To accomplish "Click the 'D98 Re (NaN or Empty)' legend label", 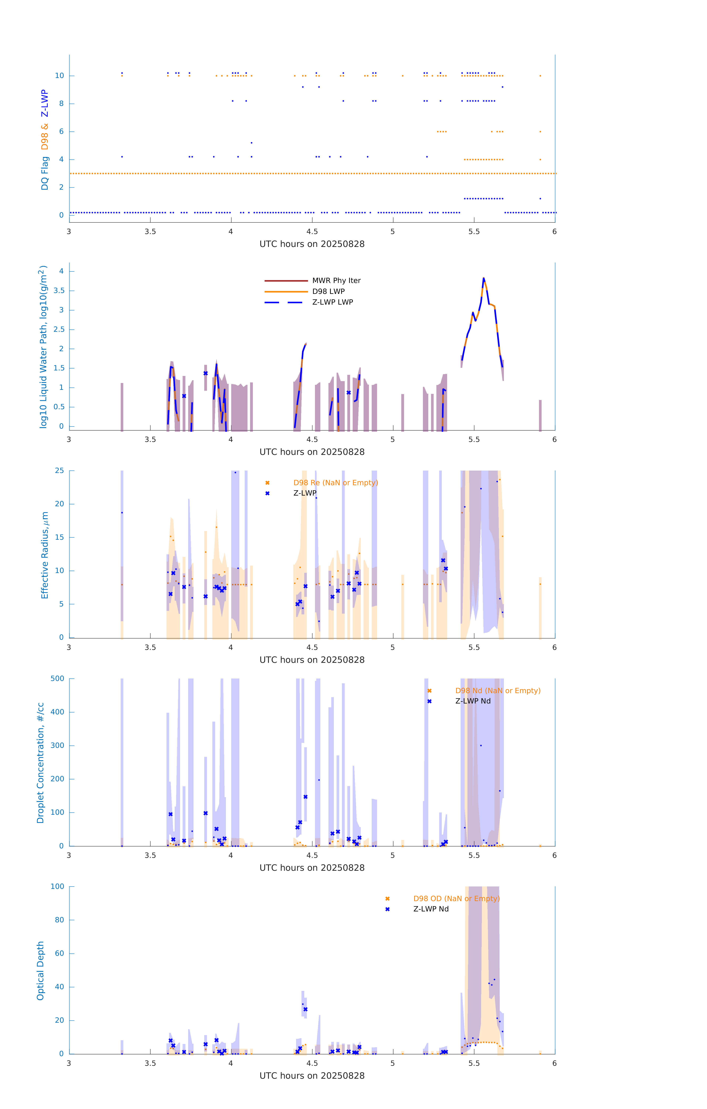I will point(335,483).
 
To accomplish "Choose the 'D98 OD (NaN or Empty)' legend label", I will point(456,898).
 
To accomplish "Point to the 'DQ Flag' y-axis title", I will point(45,173).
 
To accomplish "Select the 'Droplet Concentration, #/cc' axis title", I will point(40,763).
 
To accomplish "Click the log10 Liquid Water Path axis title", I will point(43,347).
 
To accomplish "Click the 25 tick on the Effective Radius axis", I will point(59,471).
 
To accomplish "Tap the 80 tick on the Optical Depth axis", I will point(59,920).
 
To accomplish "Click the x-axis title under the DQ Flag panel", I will point(312,244).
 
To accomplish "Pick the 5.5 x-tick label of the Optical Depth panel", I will point(474,1063).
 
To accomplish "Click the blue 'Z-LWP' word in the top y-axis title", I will point(45,104).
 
